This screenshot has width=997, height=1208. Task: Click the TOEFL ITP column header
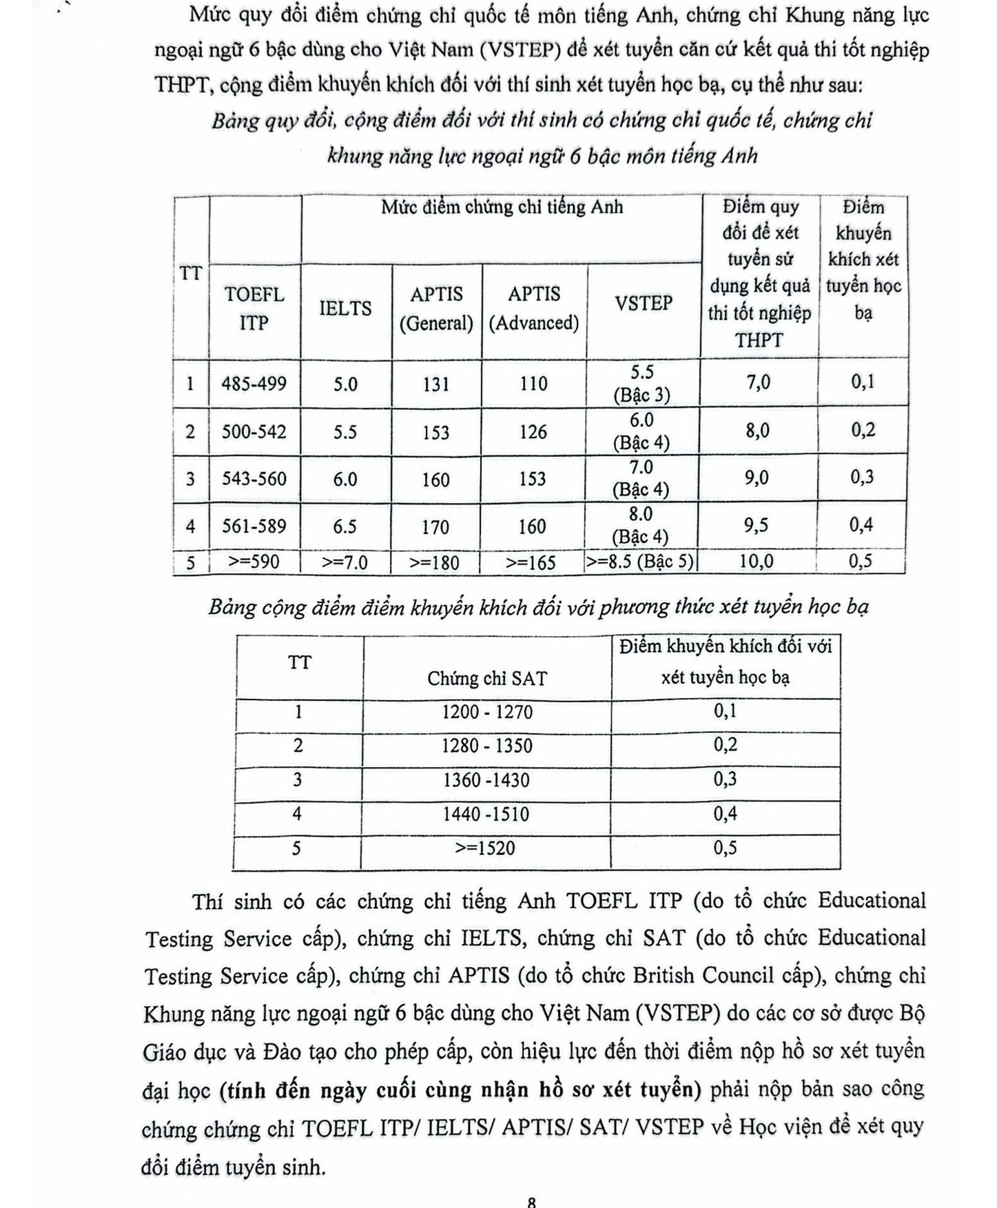[x=254, y=308]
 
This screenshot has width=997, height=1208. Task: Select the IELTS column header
[x=345, y=308]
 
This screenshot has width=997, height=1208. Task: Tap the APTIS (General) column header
[x=436, y=308]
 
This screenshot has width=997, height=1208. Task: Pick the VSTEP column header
[x=644, y=303]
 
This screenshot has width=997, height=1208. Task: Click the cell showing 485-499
[x=254, y=384]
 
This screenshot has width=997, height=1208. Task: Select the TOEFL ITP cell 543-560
[x=254, y=478]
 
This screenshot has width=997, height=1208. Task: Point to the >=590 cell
[x=254, y=562]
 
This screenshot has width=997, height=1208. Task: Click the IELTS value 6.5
[x=345, y=526]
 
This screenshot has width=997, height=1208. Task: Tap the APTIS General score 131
[x=436, y=384]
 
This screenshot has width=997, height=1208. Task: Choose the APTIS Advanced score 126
[x=533, y=432]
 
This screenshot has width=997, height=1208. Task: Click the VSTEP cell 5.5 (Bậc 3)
[x=642, y=383]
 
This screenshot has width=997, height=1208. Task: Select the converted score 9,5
[x=757, y=525]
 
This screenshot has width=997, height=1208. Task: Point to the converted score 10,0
[x=757, y=561]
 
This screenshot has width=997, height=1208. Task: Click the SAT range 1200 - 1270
[x=487, y=712]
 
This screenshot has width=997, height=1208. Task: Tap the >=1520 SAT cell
[x=485, y=848]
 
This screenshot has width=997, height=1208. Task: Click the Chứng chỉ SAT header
[x=486, y=679]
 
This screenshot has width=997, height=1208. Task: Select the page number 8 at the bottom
[x=531, y=1201]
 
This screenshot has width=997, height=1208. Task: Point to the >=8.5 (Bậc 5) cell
[x=641, y=561]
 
